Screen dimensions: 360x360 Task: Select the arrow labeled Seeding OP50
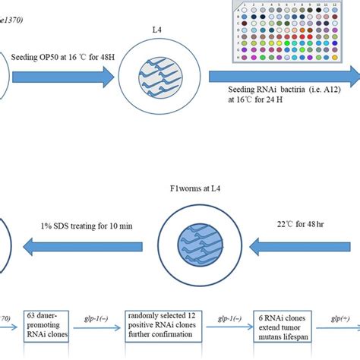point(61,74)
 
